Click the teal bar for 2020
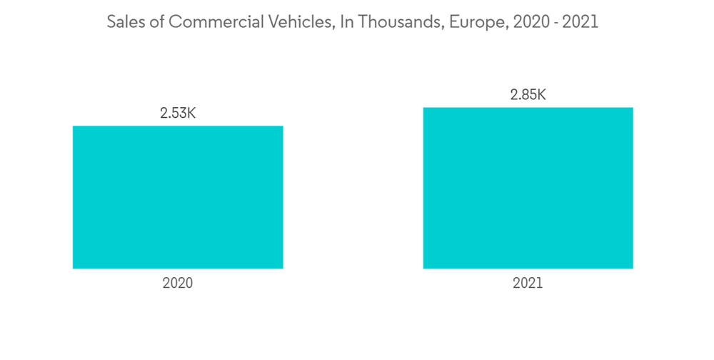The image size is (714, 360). click(178, 197)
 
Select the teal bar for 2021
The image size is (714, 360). click(528, 188)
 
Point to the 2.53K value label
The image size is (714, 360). click(178, 113)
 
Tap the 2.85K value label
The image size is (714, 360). click(528, 95)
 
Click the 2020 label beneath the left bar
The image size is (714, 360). click(178, 283)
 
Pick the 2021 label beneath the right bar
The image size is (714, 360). click(528, 283)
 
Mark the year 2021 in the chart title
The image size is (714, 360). click(580, 22)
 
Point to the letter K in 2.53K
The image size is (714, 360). click(191, 113)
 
